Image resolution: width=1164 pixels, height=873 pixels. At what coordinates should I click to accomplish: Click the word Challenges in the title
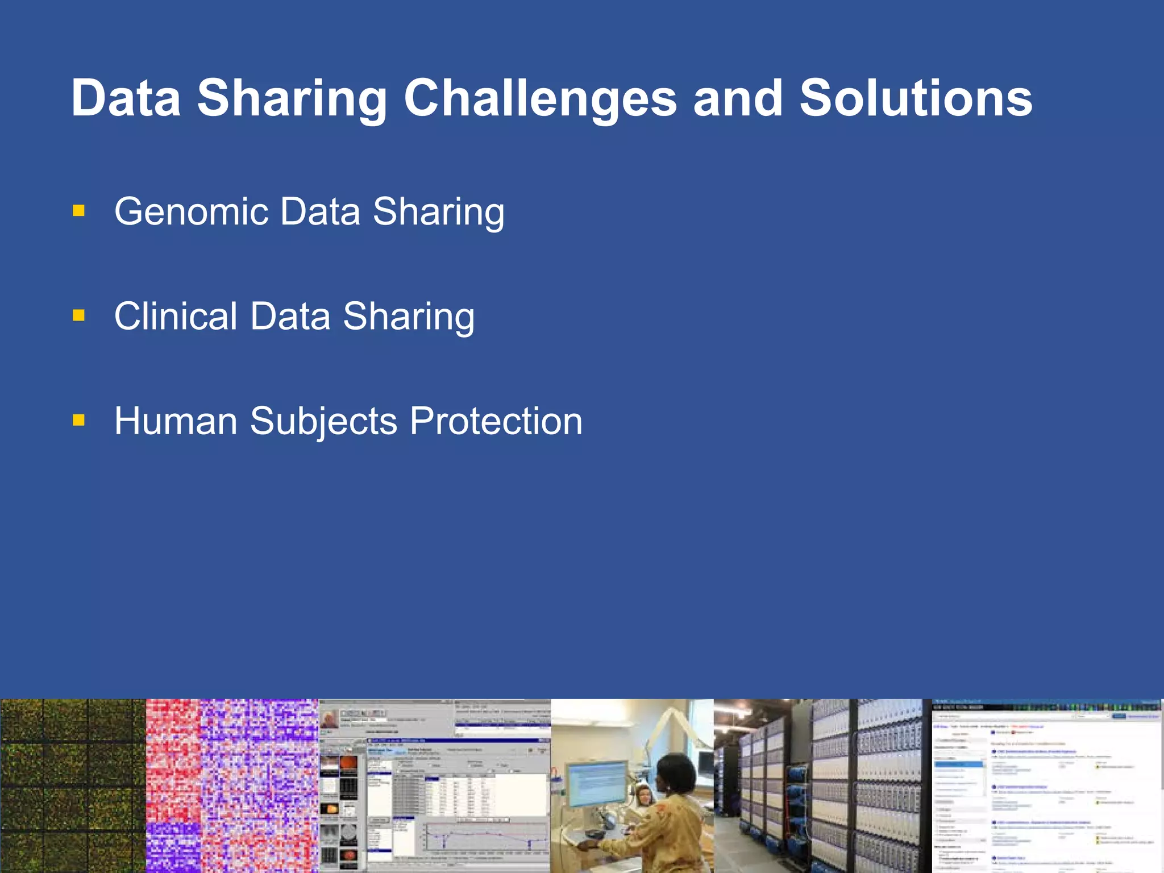click(540, 98)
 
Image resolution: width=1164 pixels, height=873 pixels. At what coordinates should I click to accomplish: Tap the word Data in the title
click(126, 98)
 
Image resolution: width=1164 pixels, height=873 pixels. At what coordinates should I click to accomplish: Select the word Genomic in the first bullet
click(191, 211)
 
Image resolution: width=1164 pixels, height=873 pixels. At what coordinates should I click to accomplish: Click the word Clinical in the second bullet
click(175, 316)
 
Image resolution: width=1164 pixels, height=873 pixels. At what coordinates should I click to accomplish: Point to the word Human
click(175, 421)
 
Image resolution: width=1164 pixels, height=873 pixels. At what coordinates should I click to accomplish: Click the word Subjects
click(323, 421)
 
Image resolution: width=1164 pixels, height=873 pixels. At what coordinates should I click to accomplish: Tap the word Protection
click(496, 421)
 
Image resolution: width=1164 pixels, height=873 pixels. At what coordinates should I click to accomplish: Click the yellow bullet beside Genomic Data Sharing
click(79, 211)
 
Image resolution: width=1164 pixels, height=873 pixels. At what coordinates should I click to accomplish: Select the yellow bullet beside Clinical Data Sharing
click(79, 315)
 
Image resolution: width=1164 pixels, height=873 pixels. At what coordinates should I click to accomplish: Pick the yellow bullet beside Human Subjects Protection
click(79, 421)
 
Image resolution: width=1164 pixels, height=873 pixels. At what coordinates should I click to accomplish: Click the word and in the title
click(738, 98)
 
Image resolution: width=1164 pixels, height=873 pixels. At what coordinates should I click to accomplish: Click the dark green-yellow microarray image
click(73, 785)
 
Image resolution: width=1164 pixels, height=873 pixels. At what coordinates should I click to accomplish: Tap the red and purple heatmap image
click(232, 785)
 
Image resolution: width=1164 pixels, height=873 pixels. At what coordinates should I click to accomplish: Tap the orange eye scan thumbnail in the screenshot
click(348, 765)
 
